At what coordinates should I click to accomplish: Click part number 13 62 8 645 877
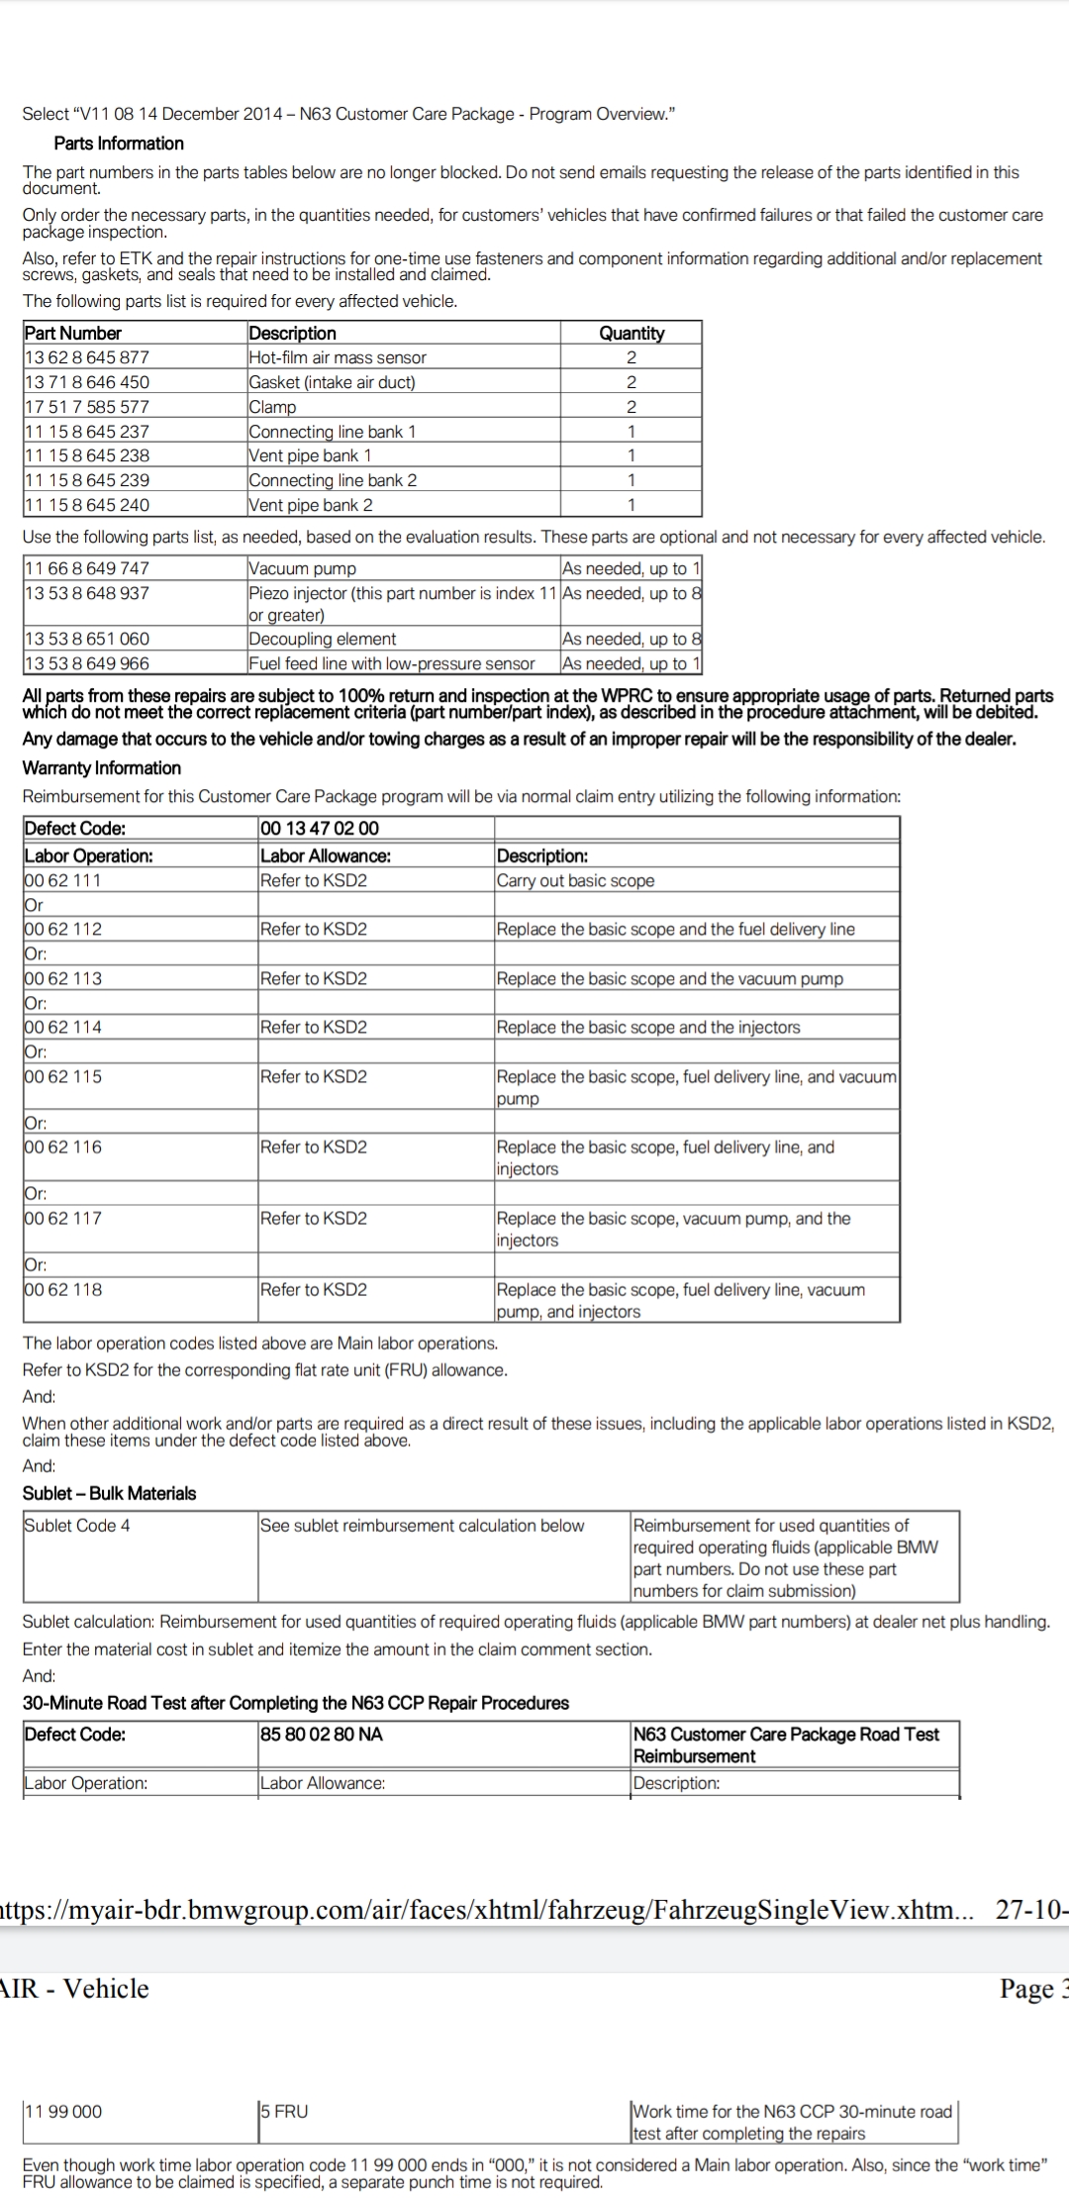click(87, 357)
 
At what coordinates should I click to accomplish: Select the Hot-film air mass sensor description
click(338, 357)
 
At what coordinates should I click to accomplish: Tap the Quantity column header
click(632, 334)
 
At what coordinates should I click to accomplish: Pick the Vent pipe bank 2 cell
click(311, 505)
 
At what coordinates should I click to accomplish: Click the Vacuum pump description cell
click(302, 568)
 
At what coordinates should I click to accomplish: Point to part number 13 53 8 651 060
click(87, 639)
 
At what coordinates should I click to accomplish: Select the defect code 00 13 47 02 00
click(320, 829)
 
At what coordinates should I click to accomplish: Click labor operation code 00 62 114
click(63, 1028)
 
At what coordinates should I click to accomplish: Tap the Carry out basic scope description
click(575, 881)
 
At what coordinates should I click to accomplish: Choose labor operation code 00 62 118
click(63, 1290)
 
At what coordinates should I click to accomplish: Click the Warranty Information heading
click(102, 768)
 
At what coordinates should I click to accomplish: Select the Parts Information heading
click(119, 144)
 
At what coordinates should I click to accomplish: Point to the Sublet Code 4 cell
click(77, 1526)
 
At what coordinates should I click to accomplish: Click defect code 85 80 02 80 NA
click(322, 1735)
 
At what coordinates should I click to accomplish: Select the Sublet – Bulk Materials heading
click(110, 1494)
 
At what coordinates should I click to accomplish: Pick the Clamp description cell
click(273, 407)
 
